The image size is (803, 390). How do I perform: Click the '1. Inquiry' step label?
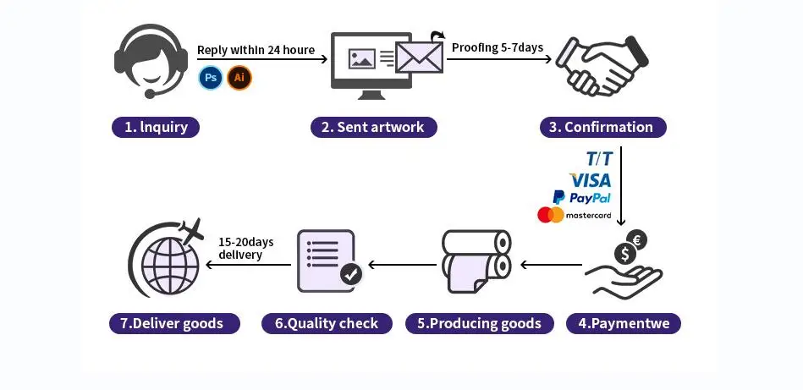[x=156, y=128]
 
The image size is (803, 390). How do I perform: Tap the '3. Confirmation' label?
[x=602, y=128]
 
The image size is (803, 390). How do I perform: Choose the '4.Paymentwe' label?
[x=629, y=323]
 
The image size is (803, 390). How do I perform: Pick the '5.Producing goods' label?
[x=479, y=323]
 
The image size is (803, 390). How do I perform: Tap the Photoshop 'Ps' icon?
[x=210, y=79]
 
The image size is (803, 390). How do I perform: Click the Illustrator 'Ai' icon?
[x=239, y=79]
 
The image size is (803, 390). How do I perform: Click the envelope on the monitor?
[x=419, y=58]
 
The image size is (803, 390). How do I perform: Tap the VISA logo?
[x=590, y=179]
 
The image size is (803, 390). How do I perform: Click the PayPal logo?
[x=581, y=197]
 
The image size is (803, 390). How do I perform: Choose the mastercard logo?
[x=575, y=216]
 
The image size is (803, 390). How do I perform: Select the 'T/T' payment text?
[x=599, y=159]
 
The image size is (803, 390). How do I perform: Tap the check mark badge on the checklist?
[x=350, y=274]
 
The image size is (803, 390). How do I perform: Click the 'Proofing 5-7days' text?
[x=498, y=48]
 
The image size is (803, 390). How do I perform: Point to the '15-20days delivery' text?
[x=240, y=248]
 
